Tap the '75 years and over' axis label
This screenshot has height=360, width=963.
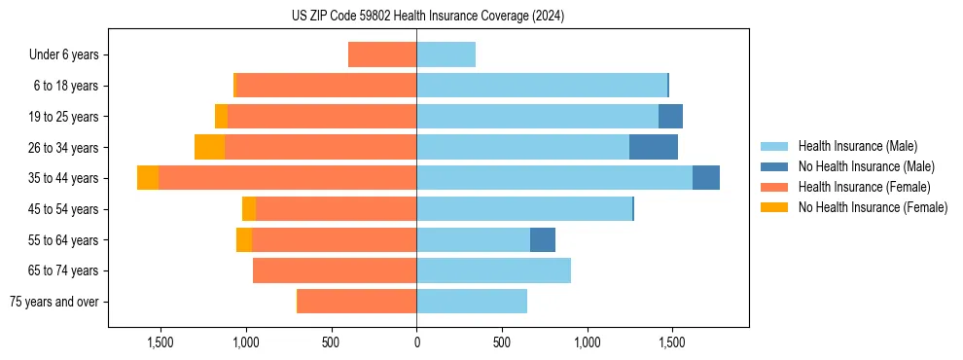tap(53, 302)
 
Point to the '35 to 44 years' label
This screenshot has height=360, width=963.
tap(64, 178)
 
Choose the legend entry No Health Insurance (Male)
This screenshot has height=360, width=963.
tap(864, 166)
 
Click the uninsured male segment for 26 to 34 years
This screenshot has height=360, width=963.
tap(654, 147)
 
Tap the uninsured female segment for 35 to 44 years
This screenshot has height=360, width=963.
tap(148, 178)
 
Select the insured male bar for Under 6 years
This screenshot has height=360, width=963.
tap(446, 55)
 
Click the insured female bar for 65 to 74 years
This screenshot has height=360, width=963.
tap(335, 270)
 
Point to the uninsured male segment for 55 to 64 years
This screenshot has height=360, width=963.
tap(543, 239)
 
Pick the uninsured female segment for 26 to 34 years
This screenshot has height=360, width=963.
tap(209, 147)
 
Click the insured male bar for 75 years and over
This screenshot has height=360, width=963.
tap(472, 302)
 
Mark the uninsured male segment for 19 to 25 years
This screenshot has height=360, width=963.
tap(670, 117)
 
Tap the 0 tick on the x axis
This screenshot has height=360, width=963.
tap(416, 342)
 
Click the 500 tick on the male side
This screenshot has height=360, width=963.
tap(502, 342)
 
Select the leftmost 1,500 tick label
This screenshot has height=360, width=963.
tap(160, 342)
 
